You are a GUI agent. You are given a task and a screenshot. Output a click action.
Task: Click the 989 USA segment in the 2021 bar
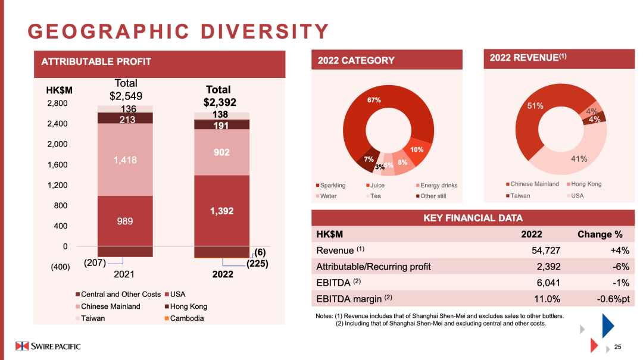[x=124, y=221]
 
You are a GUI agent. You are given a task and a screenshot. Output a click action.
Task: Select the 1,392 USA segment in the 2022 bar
[x=221, y=211]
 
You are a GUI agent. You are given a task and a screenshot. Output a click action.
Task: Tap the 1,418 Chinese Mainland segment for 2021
[x=124, y=159]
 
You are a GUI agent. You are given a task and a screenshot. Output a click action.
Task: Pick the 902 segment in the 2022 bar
[x=221, y=152]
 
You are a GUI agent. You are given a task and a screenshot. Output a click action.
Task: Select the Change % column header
[x=600, y=234]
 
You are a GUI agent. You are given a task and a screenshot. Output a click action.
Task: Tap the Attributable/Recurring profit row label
[x=373, y=267]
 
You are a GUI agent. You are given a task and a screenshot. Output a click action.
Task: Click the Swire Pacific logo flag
[x=22, y=346]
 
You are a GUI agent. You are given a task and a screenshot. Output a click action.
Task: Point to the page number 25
[x=617, y=348]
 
